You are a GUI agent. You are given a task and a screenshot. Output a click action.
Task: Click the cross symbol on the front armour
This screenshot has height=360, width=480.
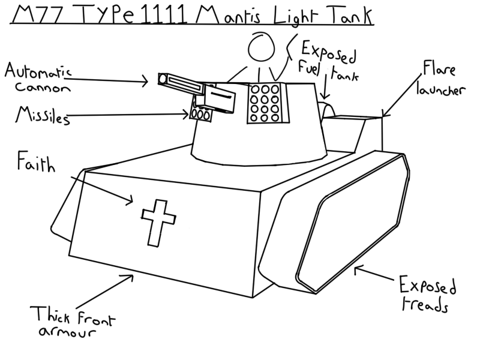[x=156, y=221]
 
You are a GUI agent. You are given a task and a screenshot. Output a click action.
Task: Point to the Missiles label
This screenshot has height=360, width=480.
[x=41, y=115]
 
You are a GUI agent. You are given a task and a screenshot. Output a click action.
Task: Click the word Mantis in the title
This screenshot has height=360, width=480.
[x=225, y=14]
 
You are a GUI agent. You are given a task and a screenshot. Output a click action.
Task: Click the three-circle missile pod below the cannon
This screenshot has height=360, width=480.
[x=200, y=114]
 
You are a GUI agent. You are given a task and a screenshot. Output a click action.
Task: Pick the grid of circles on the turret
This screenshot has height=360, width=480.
[x=265, y=103]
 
